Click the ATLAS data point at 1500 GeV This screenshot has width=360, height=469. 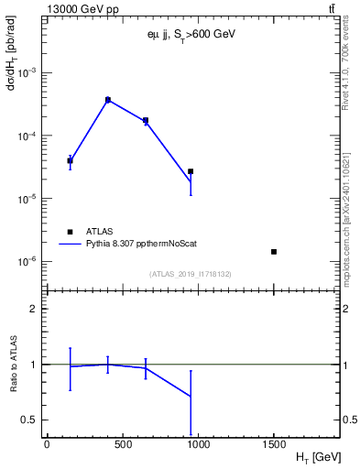(x=274, y=251)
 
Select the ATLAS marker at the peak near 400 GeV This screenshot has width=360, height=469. (x=108, y=100)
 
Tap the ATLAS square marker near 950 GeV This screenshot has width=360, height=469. (x=191, y=171)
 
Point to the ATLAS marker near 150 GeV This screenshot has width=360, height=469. (x=70, y=160)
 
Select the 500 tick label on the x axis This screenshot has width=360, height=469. (x=123, y=443)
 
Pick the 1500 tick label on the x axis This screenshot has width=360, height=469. (x=274, y=443)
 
